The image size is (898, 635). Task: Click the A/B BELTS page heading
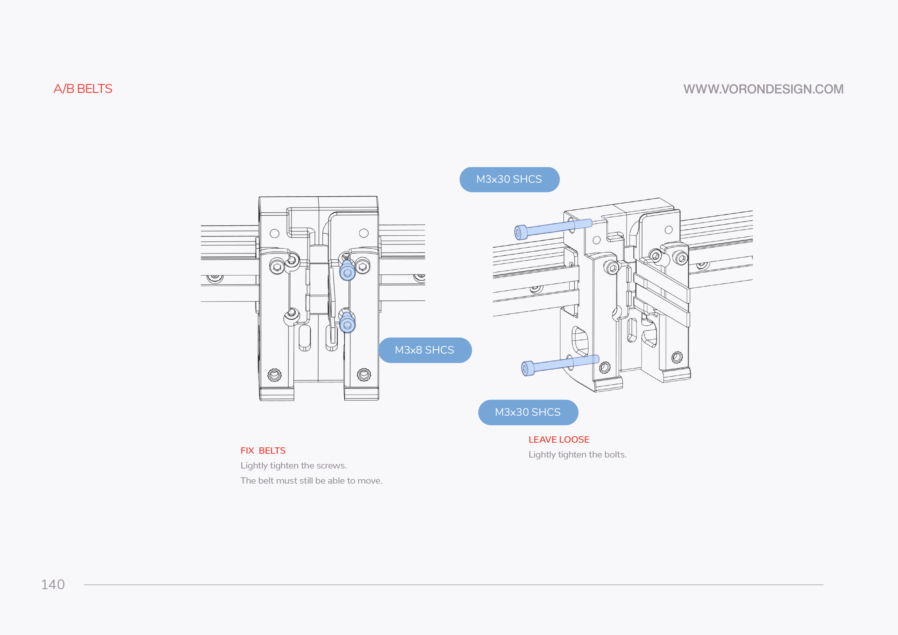[x=83, y=89]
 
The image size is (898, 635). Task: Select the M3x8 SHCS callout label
[x=425, y=350]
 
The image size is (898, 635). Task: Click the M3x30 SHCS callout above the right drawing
[x=509, y=179]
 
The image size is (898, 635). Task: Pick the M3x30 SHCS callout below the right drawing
[x=528, y=412]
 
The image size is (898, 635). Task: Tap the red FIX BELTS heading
[x=263, y=450]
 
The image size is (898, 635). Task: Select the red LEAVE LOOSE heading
[x=559, y=439]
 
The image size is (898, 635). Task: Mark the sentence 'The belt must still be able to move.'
[x=311, y=481]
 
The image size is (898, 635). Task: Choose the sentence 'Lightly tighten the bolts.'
[x=577, y=454]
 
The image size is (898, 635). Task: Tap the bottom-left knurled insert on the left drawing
[x=274, y=375]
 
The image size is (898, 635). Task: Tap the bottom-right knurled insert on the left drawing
[x=364, y=375]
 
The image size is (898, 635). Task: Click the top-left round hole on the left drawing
[x=274, y=234]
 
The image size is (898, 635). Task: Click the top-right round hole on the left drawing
[x=364, y=233]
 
